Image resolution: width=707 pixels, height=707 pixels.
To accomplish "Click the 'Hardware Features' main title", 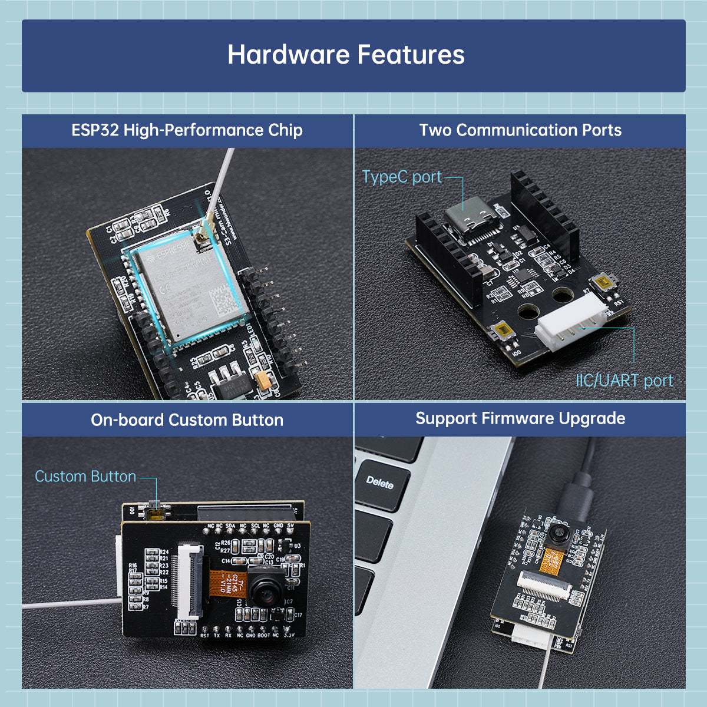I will tap(346, 55).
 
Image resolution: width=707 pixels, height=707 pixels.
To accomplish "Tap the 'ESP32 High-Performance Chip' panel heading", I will tap(187, 130).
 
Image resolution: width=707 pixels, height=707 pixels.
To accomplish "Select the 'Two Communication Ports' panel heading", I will tap(520, 130).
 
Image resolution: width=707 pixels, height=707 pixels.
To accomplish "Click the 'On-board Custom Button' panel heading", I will tap(187, 420).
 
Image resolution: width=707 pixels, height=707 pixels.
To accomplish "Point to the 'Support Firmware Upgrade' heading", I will tap(520, 419).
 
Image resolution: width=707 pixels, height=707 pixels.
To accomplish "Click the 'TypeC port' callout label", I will tap(402, 177).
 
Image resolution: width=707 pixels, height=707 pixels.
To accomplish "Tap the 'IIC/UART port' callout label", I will tap(624, 381).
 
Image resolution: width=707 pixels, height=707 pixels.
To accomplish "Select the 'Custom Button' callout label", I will tap(85, 476).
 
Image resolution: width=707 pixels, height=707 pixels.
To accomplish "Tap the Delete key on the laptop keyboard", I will tap(380, 483).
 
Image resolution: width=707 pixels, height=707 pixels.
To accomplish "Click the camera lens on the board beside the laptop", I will tap(557, 536).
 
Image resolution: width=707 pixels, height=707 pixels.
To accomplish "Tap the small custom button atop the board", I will tap(156, 511).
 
